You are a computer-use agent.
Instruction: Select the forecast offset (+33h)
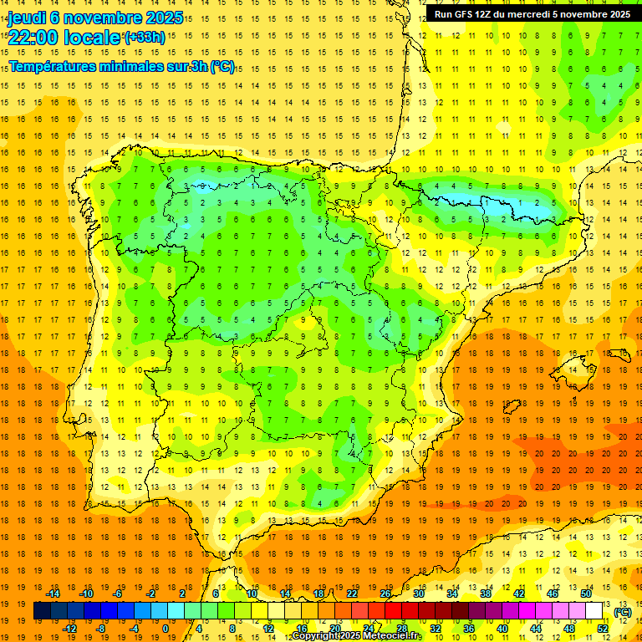click(144, 38)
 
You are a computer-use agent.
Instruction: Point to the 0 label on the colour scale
click(166, 629)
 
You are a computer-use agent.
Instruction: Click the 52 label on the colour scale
click(603, 629)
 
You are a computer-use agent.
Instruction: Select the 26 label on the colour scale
click(385, 594)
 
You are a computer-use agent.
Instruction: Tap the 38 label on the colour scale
click(485, 594)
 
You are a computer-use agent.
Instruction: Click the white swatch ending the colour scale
click(594, 611)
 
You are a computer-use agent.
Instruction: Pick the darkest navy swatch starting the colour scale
click(42, 611)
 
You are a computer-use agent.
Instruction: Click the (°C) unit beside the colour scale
click(622, 612)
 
